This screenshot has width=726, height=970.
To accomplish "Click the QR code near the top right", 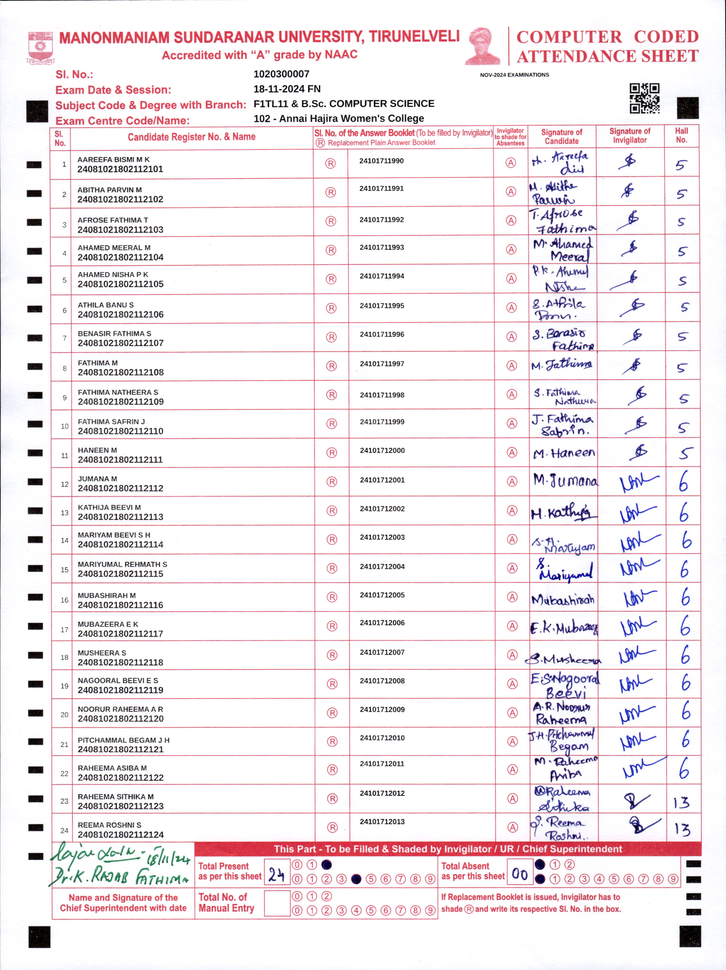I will pos(644,98).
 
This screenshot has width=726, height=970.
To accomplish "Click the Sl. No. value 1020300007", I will pos(281,74).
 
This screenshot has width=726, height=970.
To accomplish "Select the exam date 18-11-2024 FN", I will pos(287,89).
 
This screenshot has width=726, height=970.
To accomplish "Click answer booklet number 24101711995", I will pos(382,306).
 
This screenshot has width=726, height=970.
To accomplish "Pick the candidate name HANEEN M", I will pos(97,450).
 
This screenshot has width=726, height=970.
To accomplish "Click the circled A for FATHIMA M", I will pos(512,366).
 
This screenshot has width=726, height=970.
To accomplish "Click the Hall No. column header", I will pos(681,135).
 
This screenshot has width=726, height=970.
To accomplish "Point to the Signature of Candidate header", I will pos(562,136).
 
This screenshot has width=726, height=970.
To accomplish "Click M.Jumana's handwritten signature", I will pos(565,481).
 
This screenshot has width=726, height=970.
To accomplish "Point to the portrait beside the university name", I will pos(483,46).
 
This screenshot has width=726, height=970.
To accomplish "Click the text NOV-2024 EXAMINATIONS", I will pos(514,75).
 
